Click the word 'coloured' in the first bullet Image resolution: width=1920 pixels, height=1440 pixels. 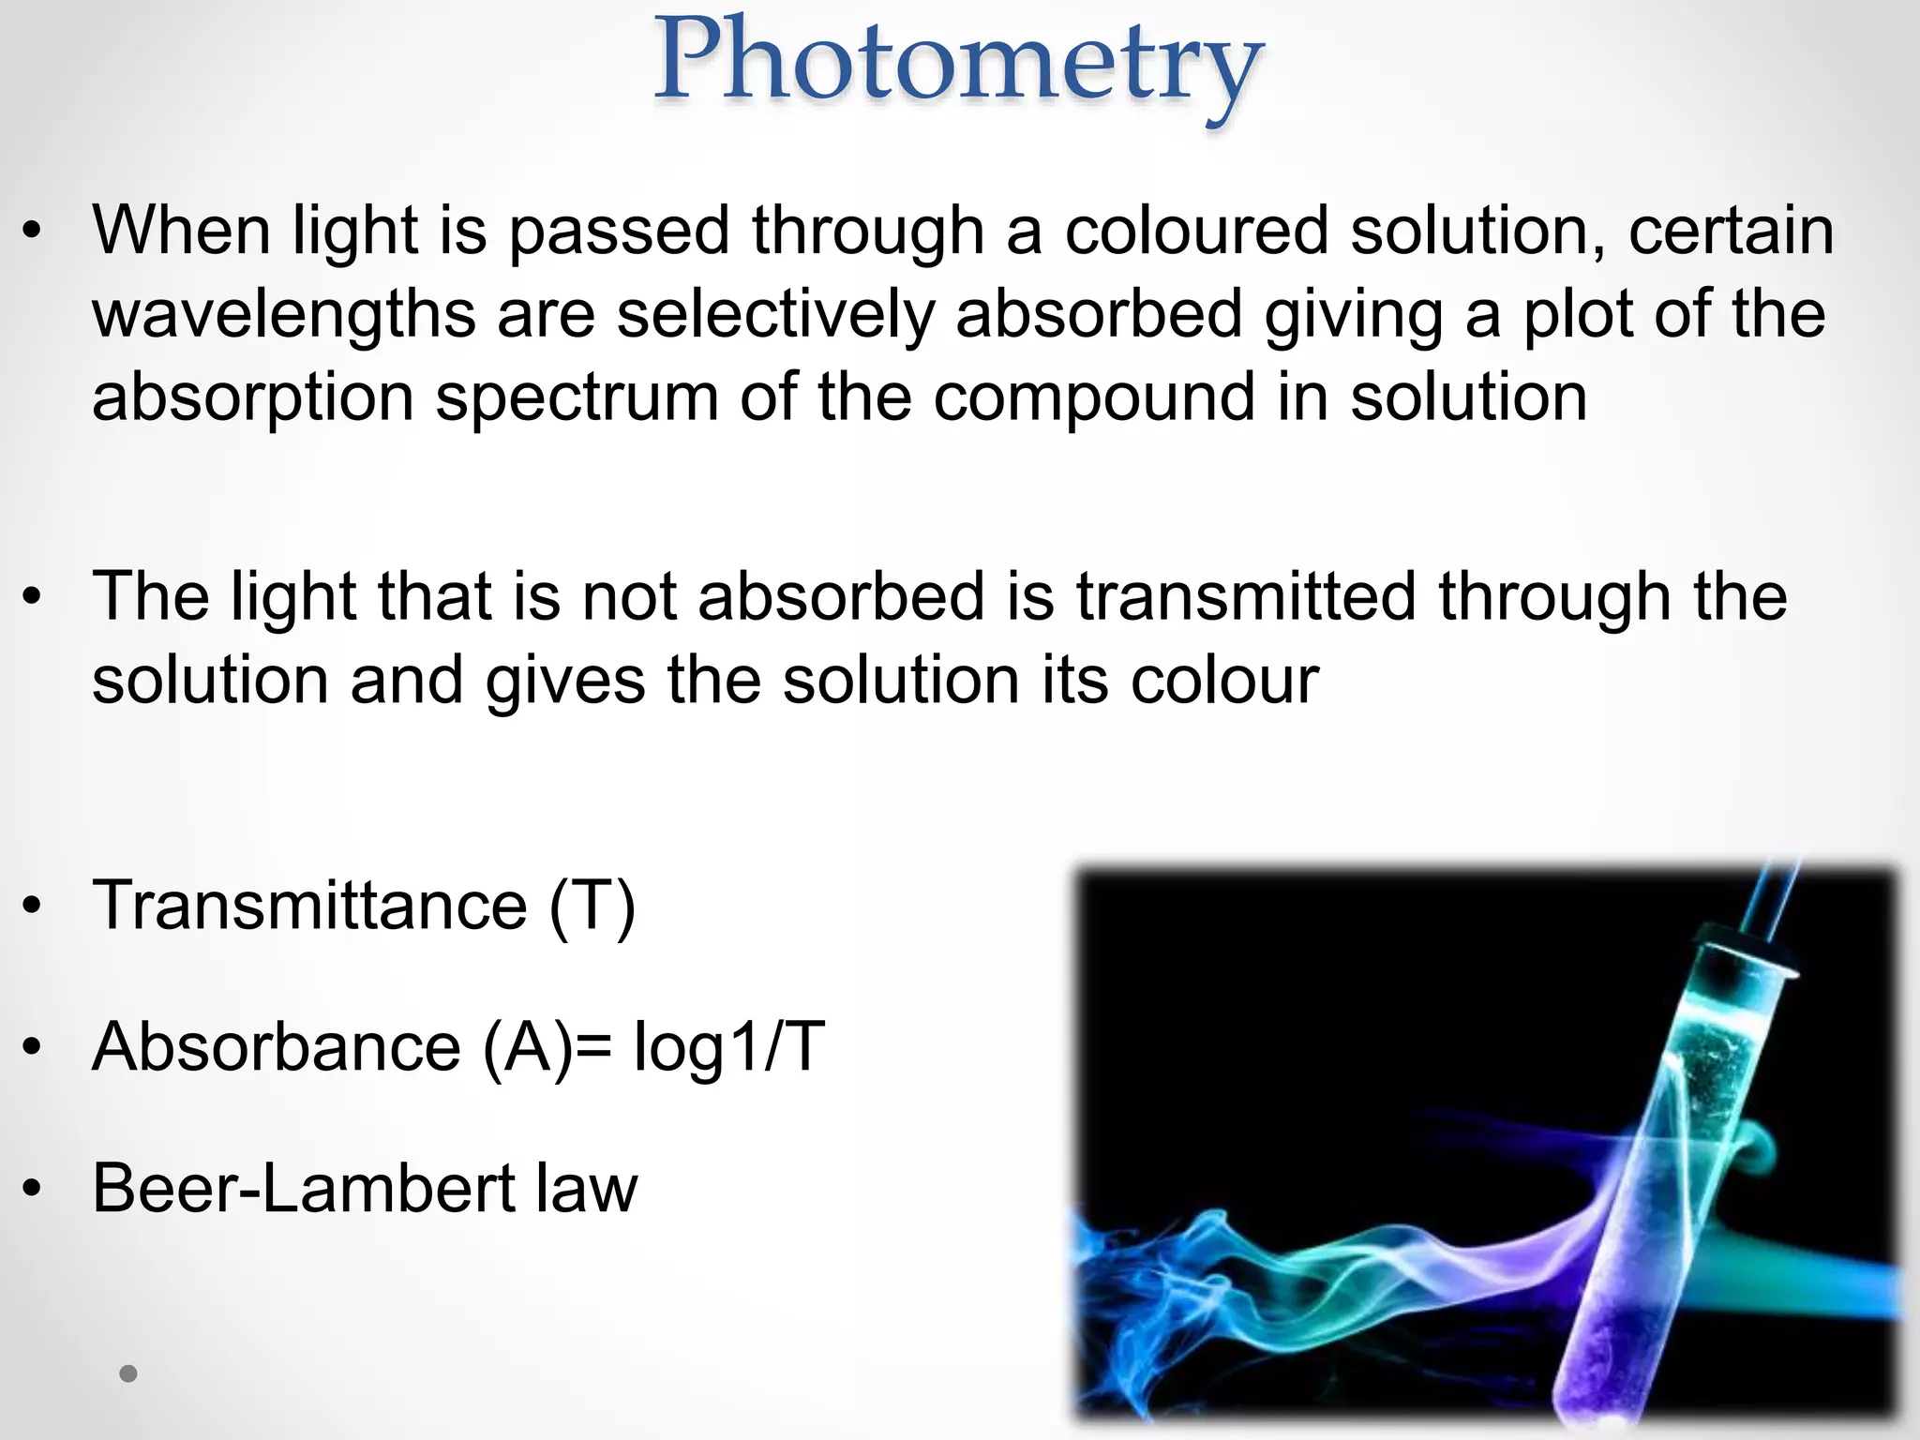point(1196,231)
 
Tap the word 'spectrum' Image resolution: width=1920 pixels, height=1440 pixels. point(577,397)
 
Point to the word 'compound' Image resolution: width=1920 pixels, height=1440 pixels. point(1093,397)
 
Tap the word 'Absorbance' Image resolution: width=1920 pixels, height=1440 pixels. point(277,1046)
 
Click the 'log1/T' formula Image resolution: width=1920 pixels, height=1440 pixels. point(729,1046)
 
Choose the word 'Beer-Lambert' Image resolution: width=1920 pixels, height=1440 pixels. point(304,1188)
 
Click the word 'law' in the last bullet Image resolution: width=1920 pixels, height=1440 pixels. point(587,1188)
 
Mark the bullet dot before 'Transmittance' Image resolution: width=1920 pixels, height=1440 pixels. point(33,906)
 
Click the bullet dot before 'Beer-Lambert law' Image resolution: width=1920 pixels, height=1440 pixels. point(33,1189)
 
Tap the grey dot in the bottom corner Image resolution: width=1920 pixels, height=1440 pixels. point(128,1374)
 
